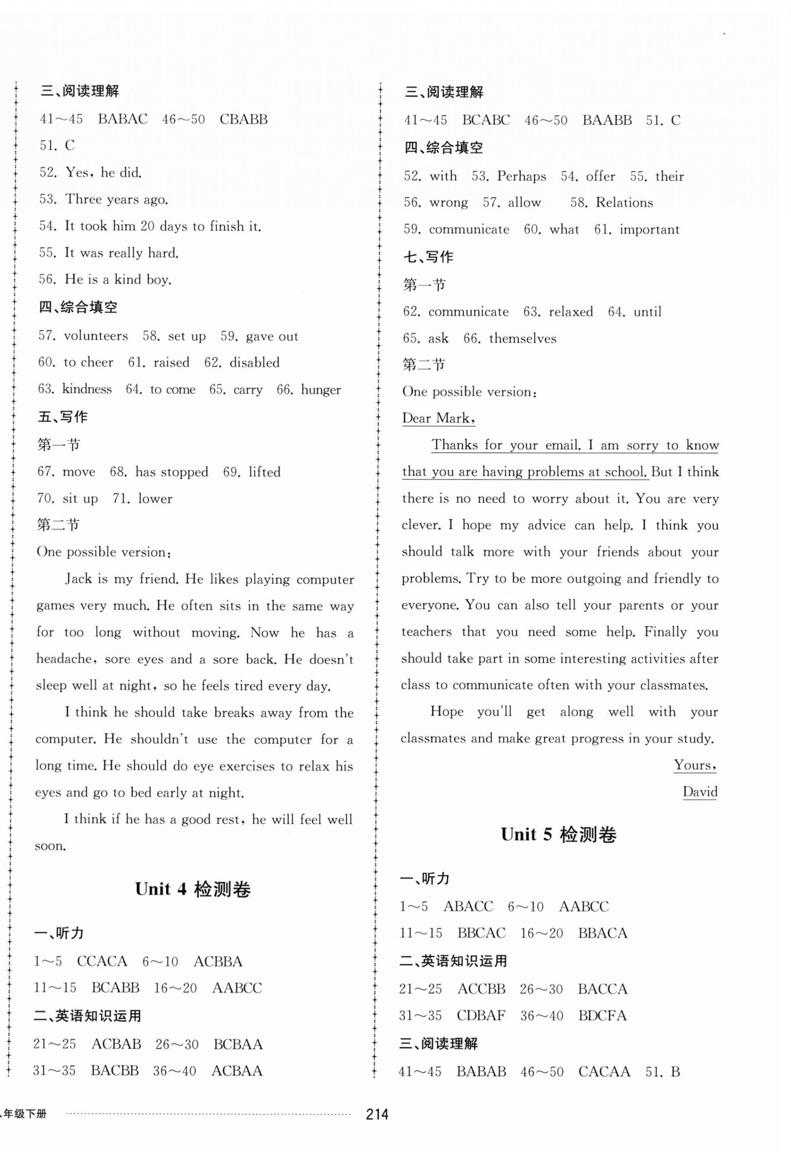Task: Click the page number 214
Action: pyautogui.click(x=377, y=1115)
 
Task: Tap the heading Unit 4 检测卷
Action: pyautogui.click(x=193, y=889)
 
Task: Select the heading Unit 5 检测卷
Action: pyautogui.click(x=558, y=835)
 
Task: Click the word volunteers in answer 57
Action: pyautogui.click(x=96, y=336)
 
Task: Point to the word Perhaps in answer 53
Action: pyautogui.click(x=521, y=177)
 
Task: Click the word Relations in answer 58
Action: pyautogui.click(x=624, y=203)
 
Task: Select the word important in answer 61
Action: pyautogui.click(x=650, y=230)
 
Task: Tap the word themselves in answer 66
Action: pyautogui.click(x=523, y=338)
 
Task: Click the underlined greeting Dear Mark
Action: pyautogui.click(x=438, y=418)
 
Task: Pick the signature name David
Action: pyautogui.click(x=700, y=792)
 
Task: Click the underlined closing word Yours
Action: pyautogui.click(x=694, y=765)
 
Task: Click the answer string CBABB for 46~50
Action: pyautogui.click(x=244, y=120)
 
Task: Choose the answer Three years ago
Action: pyautogui.click(x=117, y=200)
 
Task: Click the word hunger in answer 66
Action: pyautogui.click(x=320, y=390)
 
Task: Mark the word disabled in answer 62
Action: pyautogui.click(x=254, y=363)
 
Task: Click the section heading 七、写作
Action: pyautogui.click(x=428, y=257)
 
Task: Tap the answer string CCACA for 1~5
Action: pyautogui.click(x=102, y=961)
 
